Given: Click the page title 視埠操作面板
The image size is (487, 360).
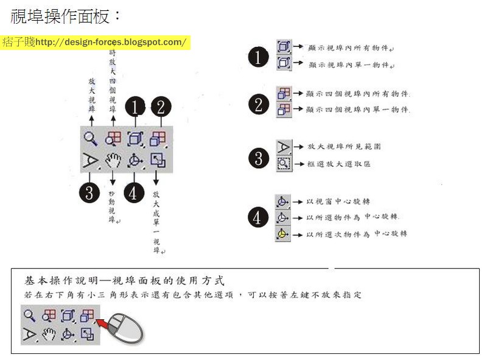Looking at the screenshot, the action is [x=60, y=16].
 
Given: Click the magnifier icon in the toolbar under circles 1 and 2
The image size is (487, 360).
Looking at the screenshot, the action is [x=90, y=138].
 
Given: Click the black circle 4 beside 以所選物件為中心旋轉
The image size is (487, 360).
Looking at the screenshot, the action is [x=258, y=217].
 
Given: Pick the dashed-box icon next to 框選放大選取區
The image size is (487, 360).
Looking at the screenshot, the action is [x=283, y=163].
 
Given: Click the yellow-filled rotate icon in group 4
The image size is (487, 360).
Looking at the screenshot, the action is [x=282, y=234].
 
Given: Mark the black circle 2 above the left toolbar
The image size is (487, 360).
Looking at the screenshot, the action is [x=159, y=107].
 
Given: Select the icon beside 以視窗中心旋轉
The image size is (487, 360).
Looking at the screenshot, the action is [x=282, y=202].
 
